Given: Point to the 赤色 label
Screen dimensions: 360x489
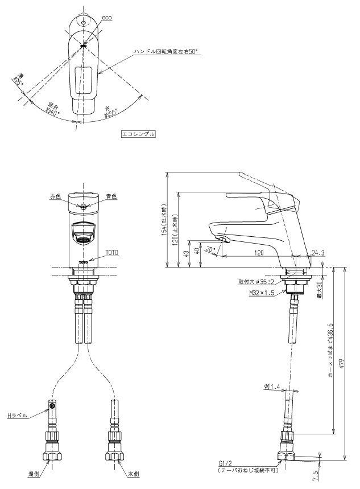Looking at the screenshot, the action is (55, 196).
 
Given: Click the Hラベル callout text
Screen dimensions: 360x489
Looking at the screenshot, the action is (17, 416).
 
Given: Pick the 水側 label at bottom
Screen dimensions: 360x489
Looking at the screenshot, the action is (134, 473).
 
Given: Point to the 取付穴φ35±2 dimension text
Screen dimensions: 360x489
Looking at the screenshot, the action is (257, 281).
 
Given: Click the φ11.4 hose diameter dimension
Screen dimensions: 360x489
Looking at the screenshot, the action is (273, 387).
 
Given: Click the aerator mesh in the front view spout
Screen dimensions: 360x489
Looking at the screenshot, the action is (83, 240).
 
